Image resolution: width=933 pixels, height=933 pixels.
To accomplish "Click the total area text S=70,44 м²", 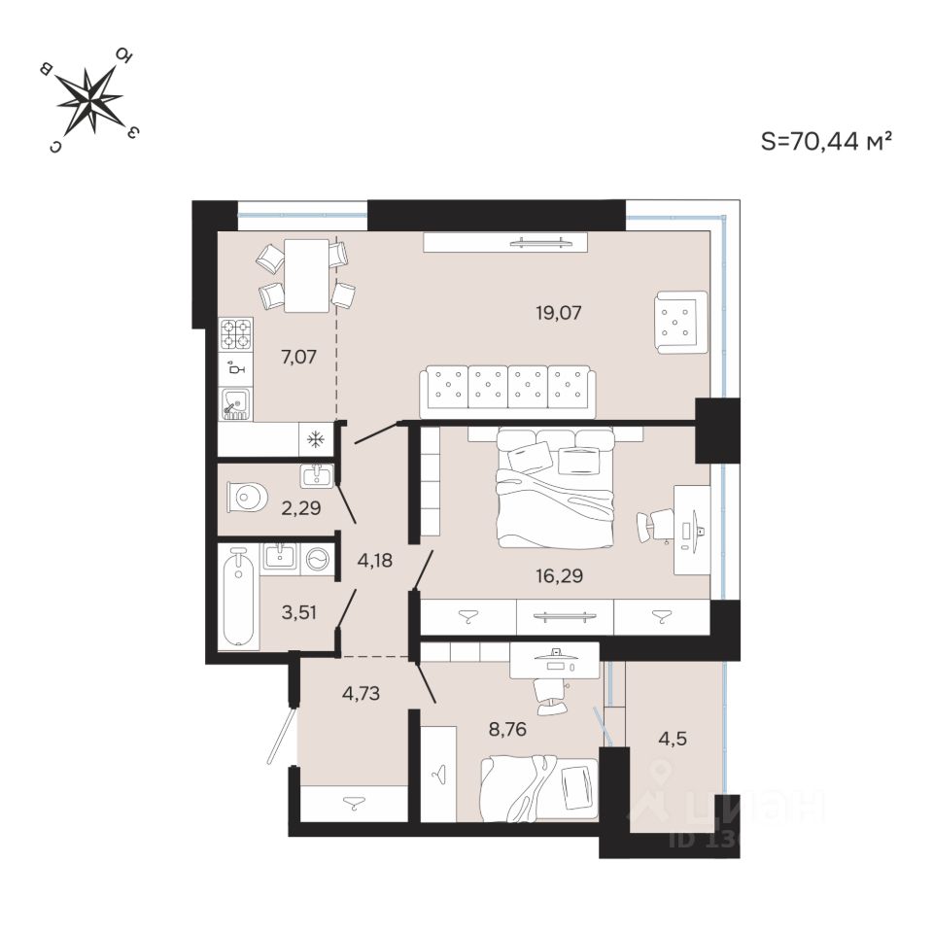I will [x=826, y=142].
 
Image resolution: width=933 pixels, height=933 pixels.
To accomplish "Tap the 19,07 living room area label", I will [x=564, y=313].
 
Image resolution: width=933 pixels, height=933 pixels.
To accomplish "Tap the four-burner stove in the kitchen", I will [x=236, y=334].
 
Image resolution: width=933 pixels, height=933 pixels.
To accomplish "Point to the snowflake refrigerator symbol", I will [x=316, y=439].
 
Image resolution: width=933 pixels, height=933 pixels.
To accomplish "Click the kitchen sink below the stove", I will [x=236, y=403].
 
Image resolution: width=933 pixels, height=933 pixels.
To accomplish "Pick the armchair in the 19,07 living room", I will [x=680, y=322].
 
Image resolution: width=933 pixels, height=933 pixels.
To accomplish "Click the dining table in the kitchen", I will [x=306, y=275].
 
